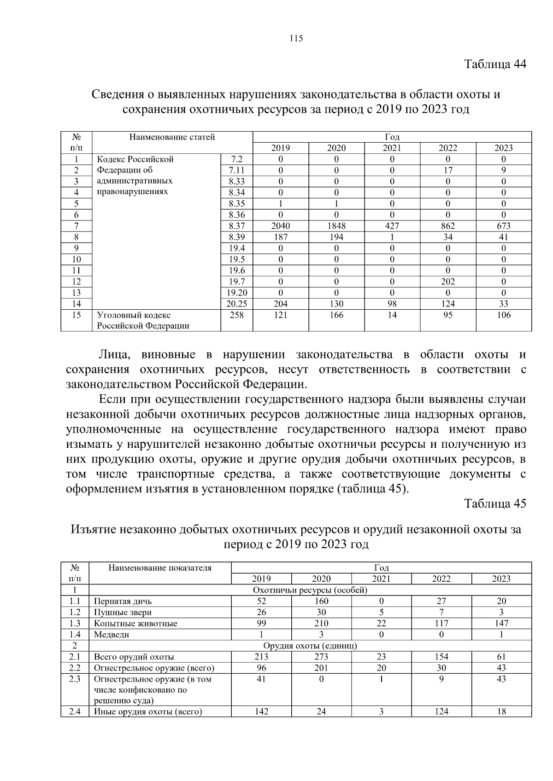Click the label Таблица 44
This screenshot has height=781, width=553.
(x=495, y=64)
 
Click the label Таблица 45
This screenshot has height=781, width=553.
(x=495, y=503)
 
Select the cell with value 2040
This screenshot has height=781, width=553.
(x=281, y=226)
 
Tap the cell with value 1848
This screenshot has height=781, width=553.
(x=336, y=226)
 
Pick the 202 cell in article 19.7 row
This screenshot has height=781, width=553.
(x=448, y=282)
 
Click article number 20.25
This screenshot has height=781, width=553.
(x=237, y=304)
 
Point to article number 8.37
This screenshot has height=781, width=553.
(x=237, y=226)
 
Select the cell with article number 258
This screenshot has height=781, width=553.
(x=237, y=315)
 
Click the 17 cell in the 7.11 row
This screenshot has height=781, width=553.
(x=448, y=170)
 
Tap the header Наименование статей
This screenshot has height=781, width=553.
(x=172, y=137)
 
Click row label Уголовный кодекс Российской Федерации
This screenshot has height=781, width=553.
(x=143, y=320)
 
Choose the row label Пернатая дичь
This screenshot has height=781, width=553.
(x=123, y=602)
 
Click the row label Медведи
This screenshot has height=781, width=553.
(x=112, y=635)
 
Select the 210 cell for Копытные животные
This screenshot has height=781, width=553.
(x=321, y=624)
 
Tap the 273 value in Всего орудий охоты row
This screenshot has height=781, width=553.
(x=321, y=657)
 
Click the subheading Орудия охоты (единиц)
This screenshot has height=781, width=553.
(x=310, y=646)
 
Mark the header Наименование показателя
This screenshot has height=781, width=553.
(x=160, y=568)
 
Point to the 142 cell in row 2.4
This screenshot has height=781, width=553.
(x=261, y=712)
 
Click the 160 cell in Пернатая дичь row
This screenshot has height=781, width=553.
(x=321, y=602)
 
